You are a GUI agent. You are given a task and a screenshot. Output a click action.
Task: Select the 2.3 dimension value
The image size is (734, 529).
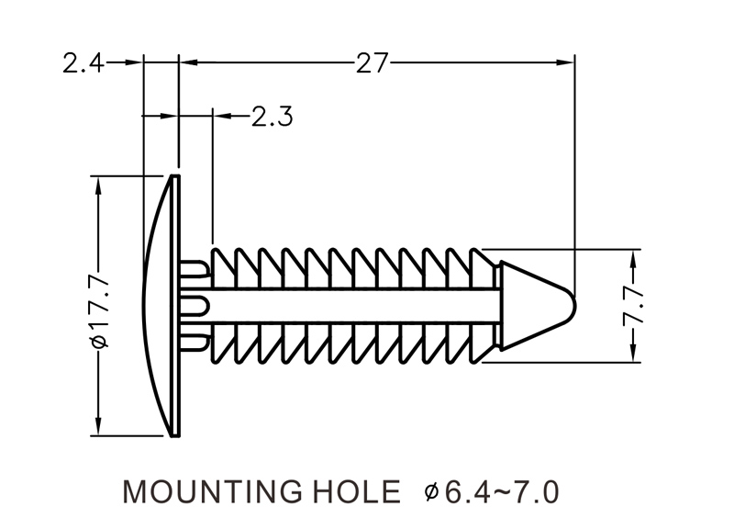[x=272, y=117]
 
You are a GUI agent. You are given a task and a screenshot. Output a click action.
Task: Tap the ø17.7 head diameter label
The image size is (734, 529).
[x=101, y=307]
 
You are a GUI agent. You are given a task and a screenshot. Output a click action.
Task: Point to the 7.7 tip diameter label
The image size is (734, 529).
[x=633, y=306]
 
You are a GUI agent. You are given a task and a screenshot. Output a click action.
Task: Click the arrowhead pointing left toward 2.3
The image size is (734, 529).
[x=221, y=116]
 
